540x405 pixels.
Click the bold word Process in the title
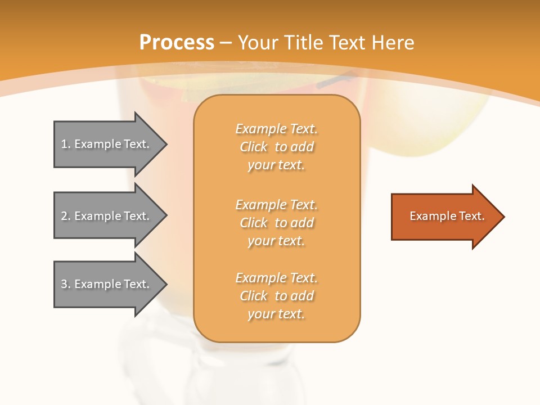coord(177,42)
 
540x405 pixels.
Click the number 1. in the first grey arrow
coord(66,144)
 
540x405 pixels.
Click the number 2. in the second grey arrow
coord(66,216)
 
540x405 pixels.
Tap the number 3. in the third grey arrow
coord(66,284)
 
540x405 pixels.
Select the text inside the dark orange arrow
coord(447,216)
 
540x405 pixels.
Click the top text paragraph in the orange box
coord(276,147)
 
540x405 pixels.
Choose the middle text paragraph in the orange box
coord(276,223)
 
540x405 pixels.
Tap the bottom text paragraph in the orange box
coord(276,296)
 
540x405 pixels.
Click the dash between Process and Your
coord(226,42)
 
